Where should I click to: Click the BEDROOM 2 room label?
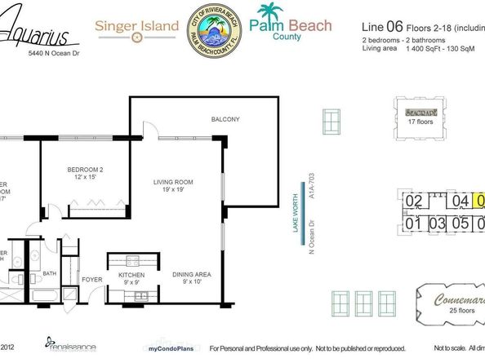coord(84,175)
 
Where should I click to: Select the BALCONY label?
coord(225,120)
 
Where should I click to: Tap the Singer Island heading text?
coord(137,26)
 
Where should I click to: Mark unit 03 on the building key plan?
coord(437,223)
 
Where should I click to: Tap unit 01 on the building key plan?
coord(413,223)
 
